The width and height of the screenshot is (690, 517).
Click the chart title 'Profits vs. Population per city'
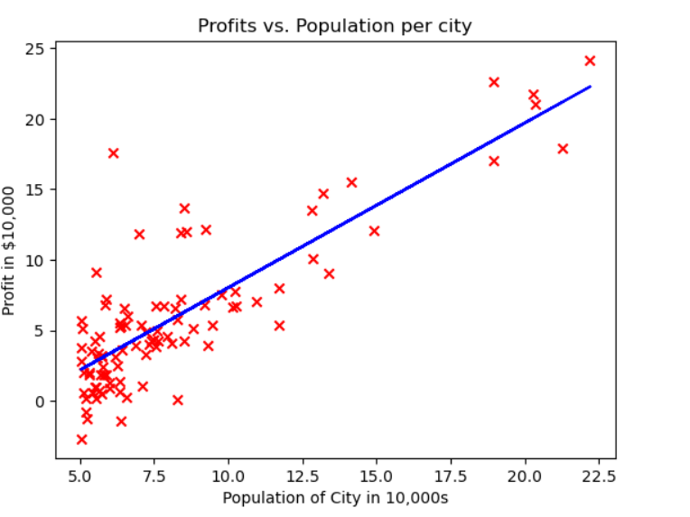[x=334, y=26]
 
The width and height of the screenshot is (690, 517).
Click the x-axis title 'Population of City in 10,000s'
[x=335, y=498]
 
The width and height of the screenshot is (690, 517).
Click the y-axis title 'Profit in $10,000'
[x=10, y=250]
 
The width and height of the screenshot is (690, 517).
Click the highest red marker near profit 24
[x=590, y=60]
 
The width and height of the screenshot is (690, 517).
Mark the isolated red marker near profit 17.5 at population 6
[x=113, y=153]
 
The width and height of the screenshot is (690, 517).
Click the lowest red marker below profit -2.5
[x=81, y=439]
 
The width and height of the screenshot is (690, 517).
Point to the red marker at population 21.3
[x=563, y=149]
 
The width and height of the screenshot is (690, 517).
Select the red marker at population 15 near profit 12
[x=374, y=231]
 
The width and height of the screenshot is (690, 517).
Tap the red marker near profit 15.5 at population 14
[x=351, y=182]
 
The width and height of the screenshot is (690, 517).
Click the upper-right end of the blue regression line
[x=590, y=87]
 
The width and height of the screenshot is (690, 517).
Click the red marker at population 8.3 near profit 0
[x=178, y=400]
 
